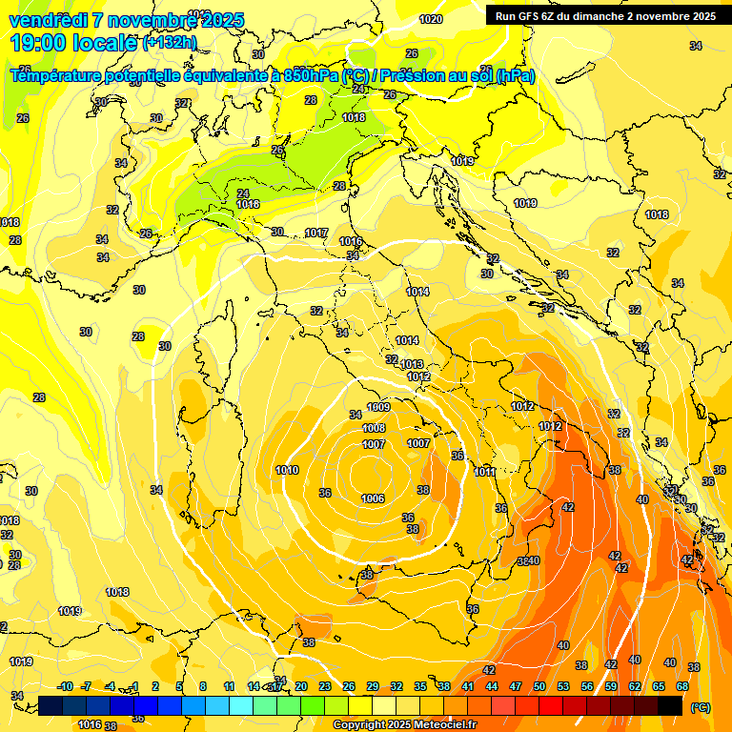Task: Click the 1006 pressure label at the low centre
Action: click(x=373, y=498)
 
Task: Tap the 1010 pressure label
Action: click(x=287, y=470)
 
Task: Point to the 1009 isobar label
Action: click(x=378, y=408)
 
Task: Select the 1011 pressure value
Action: click(x=485, y=472)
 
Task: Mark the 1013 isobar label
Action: click(x=412, y=364)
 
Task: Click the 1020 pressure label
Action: click(x=431, y=19)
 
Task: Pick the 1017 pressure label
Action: click(x=316, y=234)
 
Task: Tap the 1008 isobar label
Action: click(x=374, y=429)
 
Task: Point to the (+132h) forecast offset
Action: click(x=169, y=42)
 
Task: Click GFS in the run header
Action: click(x=531, y=16)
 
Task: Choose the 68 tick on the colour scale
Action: click(x=682, y=686)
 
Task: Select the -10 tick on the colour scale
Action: click(x=65, y=686)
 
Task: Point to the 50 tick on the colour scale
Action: click(x=539, y=686)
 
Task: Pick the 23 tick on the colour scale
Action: click(x=324, y=686)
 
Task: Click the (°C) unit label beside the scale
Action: click(x=700, y=706)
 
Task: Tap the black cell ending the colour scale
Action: click(x=671, y=705)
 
